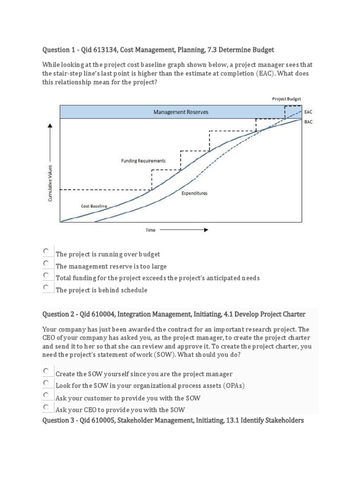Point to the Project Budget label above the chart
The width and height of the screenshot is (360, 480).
(286, 99)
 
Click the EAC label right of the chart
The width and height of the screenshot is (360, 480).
(308, 112)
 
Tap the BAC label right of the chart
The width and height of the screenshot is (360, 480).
(308, 121)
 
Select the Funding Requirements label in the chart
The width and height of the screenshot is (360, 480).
(143, 161)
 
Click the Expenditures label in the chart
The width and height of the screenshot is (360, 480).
(194, 193)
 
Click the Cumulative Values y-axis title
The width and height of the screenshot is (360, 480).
(50, 183)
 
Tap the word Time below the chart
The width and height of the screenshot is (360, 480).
(150, 230)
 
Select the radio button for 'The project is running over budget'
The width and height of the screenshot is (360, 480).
(46, 251)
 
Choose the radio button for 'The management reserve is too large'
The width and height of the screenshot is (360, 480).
(46, 263)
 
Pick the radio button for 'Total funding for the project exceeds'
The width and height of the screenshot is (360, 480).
(46, 275)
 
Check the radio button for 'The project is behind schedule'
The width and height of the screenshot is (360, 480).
(46, 287)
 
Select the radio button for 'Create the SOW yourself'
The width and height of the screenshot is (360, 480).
(46, 371)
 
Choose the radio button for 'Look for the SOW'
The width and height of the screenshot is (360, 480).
(46, 383)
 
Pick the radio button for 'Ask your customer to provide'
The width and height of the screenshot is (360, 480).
(46, 395)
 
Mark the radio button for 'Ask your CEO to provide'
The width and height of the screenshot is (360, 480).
(46, 407)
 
